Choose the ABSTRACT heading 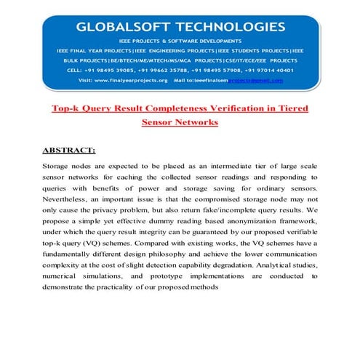[68, 151]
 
